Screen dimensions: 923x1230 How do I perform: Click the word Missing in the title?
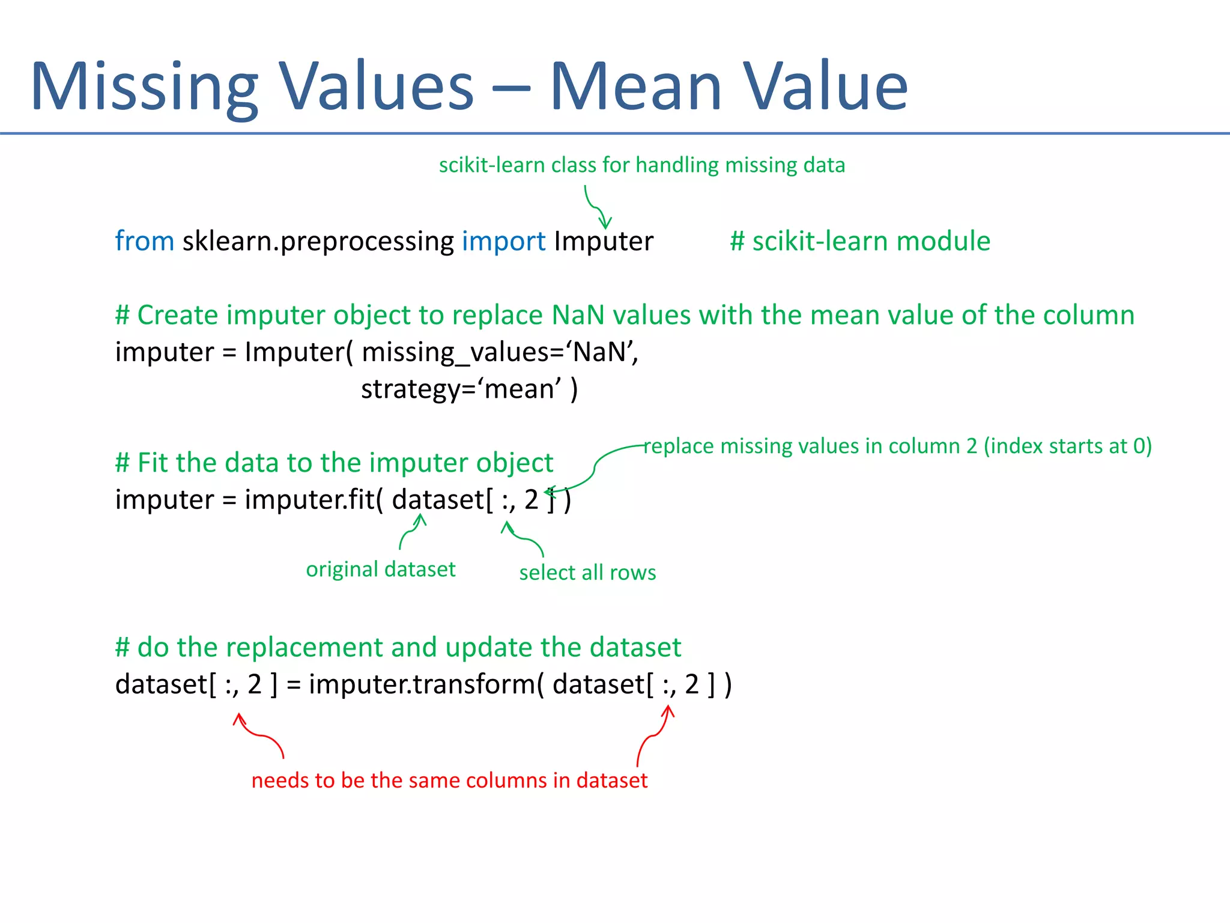coord(144,87)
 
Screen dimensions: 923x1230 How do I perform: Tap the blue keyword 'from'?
coord(144,241)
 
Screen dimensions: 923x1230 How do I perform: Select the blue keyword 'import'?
coord(503,241)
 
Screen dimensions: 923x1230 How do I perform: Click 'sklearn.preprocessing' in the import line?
coord(318,241)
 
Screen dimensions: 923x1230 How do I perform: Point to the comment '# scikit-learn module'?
coord(859,241)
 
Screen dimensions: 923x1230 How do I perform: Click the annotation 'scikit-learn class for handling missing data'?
coord(641,165)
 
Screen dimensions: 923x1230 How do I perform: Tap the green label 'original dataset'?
coord(380,568)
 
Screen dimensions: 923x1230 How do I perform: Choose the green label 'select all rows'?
coord(587,572)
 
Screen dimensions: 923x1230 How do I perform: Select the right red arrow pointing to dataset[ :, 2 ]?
coord(654,736)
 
